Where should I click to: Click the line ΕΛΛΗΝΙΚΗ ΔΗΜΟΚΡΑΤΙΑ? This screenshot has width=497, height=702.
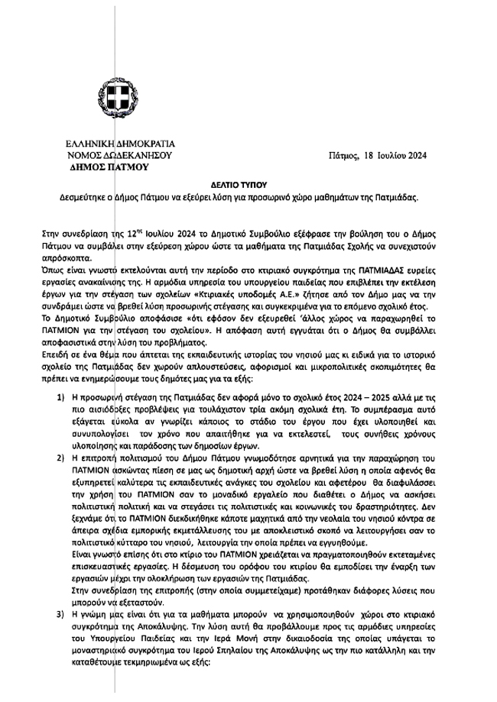click(x=121, y=144)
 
